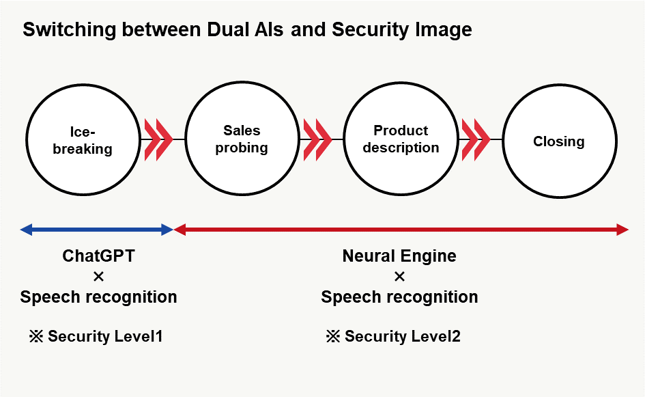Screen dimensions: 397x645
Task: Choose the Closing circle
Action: pyautogui.click(x=559, y=141)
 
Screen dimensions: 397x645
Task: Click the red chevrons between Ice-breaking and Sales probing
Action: pyautogui.click(x=158, y=139)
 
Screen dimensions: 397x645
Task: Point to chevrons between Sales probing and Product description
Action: pyautogui.click(x=317, y=139)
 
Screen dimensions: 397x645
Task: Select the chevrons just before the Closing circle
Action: pyautogui.click(x=476, y=139)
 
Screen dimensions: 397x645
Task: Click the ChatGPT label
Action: pyautogui.click(x=99, y=256)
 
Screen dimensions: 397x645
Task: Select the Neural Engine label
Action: pyautogui.click(x=399, y=256)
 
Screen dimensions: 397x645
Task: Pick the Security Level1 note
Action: pyautogui.click(x=96, y=336)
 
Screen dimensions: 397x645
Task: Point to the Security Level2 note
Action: pyautogui.click(x=393, y=336)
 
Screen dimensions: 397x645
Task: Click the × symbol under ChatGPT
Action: pyautogui.click(x=98, y=277)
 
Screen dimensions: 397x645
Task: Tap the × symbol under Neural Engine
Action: pyautogui.click(x=400, y=277)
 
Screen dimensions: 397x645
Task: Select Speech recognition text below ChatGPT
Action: pyautogui.click(x=99, y=297)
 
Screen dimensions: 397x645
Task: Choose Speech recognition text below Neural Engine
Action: pyautogui.click(x=399, y=297)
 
